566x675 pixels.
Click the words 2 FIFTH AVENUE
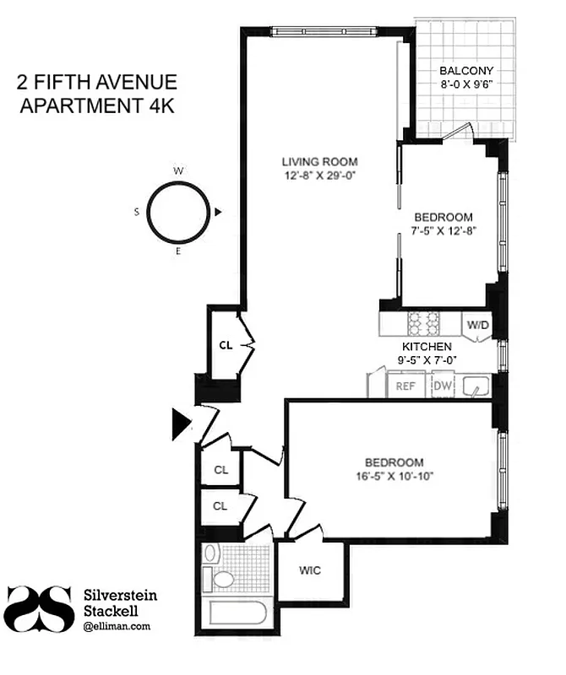[x=97, y=83]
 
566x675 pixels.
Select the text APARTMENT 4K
[x=97, y=106]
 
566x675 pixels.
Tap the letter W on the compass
[x=178, y=171]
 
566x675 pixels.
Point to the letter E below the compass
[x=178, y=251]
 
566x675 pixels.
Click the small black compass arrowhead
[x=219, y=213]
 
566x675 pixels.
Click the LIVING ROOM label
[x=319, y=161]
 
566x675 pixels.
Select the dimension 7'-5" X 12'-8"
[x=443, y=229]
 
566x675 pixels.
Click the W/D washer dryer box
[x=477, y=325]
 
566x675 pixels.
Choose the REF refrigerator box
[x=405, y=386]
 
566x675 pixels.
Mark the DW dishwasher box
[x=443, y=386]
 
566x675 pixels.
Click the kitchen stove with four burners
[x=424, y=323]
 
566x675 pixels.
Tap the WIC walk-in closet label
[x=309, y=570]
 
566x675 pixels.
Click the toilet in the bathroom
[x=222, y=580]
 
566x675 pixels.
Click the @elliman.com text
[x=117, y=626]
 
